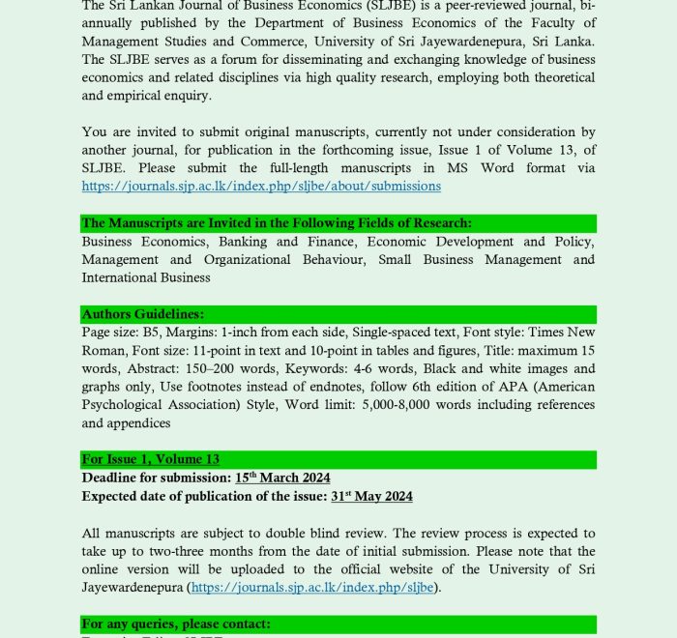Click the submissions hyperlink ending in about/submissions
tap(261, 186)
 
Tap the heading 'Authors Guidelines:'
tap(143, 314)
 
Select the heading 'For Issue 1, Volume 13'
tap(151, 459)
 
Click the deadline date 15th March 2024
tap(282, 478)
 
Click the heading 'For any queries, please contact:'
tap(176, 623)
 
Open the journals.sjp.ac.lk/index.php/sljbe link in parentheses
tap(314, 587)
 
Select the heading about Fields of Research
tap(277, 223)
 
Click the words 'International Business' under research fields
tap(146, 277)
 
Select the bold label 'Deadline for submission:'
tap(156, 478)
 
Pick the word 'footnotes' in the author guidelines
tap(230, 387)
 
